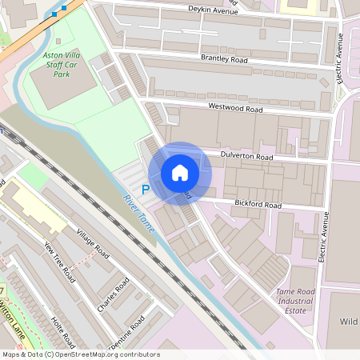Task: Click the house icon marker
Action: (180, 173)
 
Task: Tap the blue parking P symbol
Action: (145, 190)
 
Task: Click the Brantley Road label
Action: (225, 58)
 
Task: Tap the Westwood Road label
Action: (235, 107)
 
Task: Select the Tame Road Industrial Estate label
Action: (295, 301)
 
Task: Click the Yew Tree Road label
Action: (60, 262)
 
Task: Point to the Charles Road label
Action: (113, 295)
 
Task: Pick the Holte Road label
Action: (63, 327)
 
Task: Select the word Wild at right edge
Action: (348, 322)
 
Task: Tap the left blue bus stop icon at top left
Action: (54, 14)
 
